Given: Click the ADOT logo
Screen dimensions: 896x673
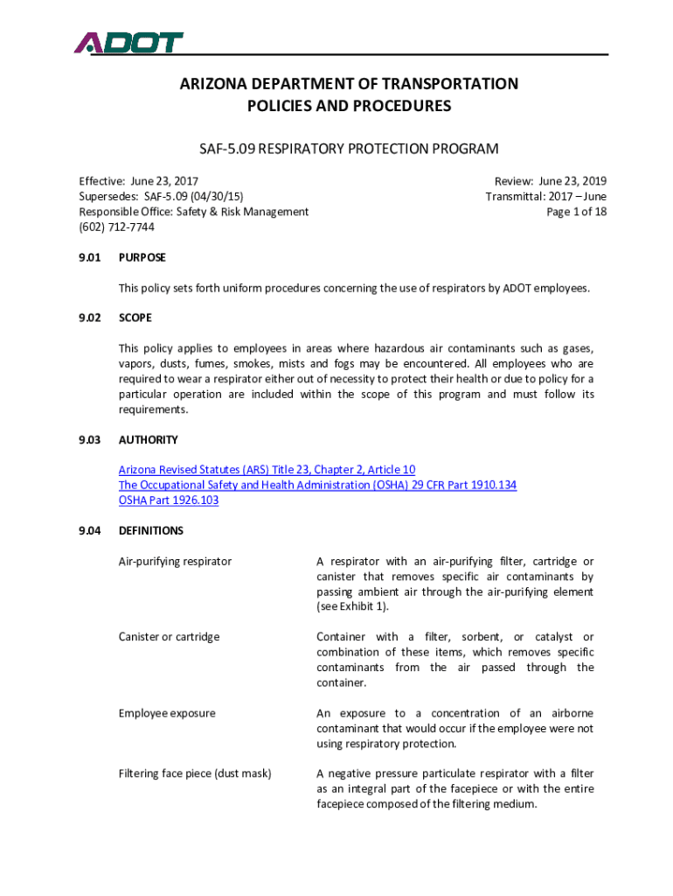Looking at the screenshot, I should pos(128,42).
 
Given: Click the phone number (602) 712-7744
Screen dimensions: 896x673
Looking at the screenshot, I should pos(117,227).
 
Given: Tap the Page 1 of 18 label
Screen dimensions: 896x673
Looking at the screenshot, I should pos(576,212).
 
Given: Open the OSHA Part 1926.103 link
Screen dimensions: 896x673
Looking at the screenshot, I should pos(169,500).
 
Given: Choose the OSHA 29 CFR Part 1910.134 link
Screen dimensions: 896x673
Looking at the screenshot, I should pos(317,485).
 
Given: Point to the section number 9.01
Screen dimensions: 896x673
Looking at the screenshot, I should pos(91,258).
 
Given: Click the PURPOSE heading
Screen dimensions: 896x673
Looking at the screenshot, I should pos(142,258).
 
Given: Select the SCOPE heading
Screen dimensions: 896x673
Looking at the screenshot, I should pos(135,318).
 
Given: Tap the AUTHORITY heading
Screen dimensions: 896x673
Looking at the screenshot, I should pos(149,440).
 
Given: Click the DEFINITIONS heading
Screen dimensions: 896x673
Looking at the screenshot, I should pos(151,531).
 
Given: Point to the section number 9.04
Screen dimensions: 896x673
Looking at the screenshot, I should pos(91,531).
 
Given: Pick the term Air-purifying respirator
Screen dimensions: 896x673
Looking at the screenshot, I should pos(176,561).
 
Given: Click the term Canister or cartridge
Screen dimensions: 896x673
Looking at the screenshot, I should pos(169,637).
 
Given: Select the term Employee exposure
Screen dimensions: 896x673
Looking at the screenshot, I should pos(167,713).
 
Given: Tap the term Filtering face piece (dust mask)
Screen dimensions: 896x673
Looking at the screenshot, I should pos(195,773).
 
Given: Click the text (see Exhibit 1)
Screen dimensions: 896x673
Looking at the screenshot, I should pos(353,607).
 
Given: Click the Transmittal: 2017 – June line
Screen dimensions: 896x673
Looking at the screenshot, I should pos(546,196).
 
